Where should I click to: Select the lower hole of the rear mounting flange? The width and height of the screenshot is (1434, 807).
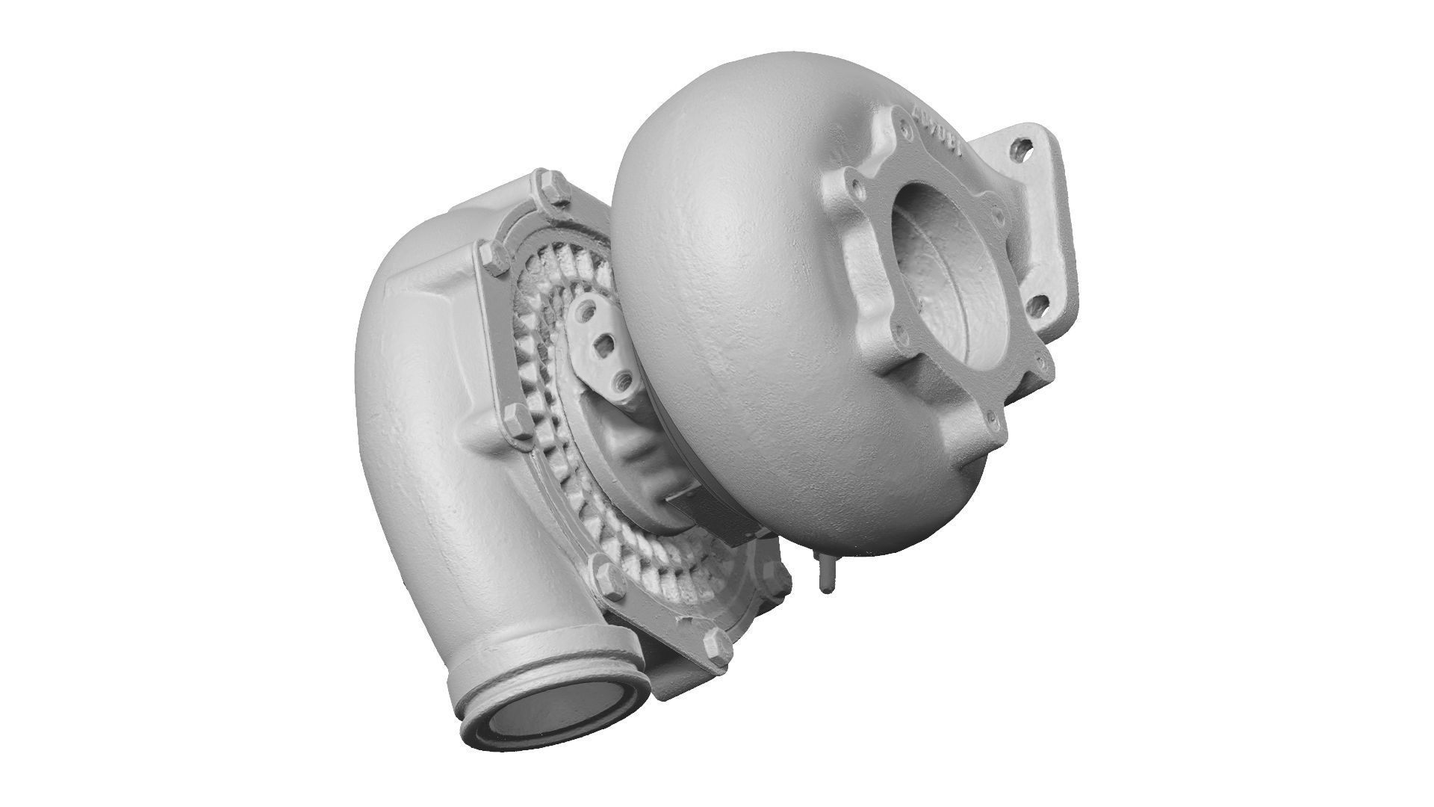coord(1035,304)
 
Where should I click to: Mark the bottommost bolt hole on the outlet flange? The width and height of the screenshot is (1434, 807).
coord(991,421)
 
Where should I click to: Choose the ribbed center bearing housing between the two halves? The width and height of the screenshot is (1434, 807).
coord(635,448)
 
